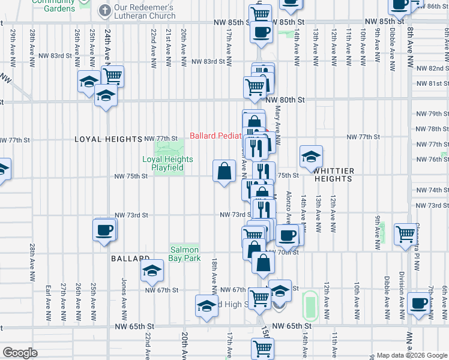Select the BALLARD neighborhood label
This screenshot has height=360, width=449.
(x=130, y=259)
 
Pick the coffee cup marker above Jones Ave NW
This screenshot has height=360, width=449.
(x=104, y=230)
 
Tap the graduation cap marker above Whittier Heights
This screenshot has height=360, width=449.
(x=310, y=157)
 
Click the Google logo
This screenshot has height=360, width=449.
(x=20, y=353)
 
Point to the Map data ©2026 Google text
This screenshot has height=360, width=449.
(x=411, y=355)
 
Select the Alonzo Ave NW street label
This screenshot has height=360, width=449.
(x=289, y=207)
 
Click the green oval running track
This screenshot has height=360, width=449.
(x=310, y=305)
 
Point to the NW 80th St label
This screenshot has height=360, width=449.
(x=286, y=100)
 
